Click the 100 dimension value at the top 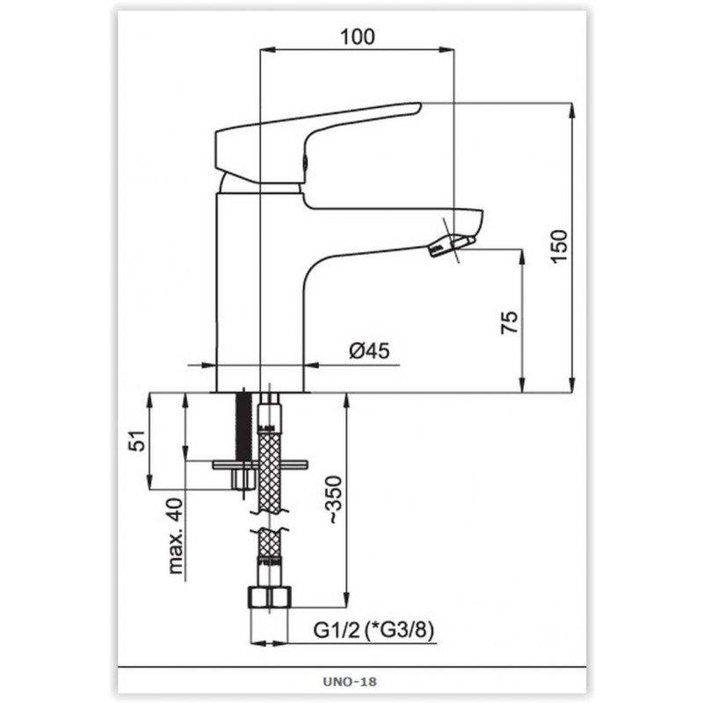358,37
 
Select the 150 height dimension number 559,247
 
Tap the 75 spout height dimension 509,322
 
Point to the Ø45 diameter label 369,351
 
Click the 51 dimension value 137,440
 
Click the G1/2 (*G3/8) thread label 373,631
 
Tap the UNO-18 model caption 350,682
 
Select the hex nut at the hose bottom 270,598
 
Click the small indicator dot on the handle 305,162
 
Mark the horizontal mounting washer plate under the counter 259,465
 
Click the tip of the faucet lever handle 420,105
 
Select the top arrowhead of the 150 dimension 572,110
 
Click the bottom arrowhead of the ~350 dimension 346,600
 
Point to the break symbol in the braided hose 270,520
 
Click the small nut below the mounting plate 243,479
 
